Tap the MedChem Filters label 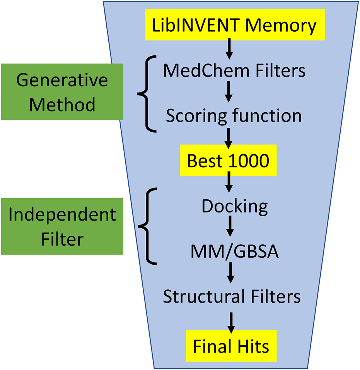point(234,71)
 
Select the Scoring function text point(234,116)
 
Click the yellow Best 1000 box point(228,160)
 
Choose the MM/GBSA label point(234,252)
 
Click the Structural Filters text point(232,297)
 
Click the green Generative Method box point(62,92)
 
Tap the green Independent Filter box point(62,226)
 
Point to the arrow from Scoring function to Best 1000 point(229,138)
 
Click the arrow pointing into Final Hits point(231,321)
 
